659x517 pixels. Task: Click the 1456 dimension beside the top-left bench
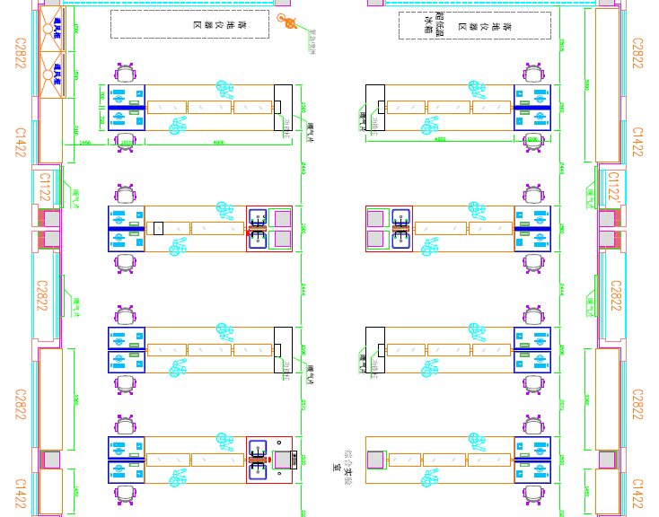click(85, 142)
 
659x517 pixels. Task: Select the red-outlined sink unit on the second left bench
click(270, 229)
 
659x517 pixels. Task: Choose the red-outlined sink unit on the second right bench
click(389, 229)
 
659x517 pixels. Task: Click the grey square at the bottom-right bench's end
click(375, 460)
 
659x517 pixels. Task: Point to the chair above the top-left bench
click(126, 73)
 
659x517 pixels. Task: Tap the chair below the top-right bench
click(534, 142)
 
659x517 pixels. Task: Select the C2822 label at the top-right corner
click(637, 54)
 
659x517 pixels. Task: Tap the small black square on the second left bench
click(158, 228)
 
